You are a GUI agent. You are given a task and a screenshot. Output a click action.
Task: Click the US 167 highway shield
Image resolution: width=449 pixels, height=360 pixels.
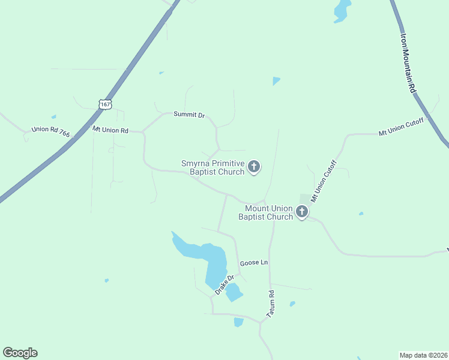pyautogui.click(x=105, y=104)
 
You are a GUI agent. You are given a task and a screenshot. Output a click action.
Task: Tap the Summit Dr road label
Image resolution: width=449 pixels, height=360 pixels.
pyautogui.click(x=189, y=115)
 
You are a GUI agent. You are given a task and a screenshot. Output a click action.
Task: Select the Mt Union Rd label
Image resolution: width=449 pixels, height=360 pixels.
pyautogui.click(x=110, y=130)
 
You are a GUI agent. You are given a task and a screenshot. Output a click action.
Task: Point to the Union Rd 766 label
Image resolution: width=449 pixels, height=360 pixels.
pyautogui.click(x=50, y=131)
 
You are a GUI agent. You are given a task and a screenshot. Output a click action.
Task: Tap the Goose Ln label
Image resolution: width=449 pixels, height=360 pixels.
pyautogui.click(x=253, y=263)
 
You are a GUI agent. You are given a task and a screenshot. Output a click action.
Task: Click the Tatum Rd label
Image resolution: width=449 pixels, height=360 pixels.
pyautogui.click(x=271, y=304)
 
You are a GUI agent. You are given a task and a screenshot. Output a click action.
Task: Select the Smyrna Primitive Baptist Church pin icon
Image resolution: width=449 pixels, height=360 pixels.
pyautogui.click(x=254, y=167)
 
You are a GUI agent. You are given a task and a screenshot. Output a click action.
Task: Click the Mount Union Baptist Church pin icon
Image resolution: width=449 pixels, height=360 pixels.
pyautogui.click(x=302, y=212)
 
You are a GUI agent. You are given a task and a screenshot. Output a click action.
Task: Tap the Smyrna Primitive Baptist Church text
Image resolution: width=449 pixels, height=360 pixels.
pyautogui.click(x=213, y=167)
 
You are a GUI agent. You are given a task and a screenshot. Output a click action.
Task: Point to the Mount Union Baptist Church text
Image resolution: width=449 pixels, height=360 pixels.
pyautogui.click(x=265, y=212)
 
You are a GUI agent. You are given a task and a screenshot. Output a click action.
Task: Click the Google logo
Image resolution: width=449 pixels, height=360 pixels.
pyautogui.click(x=20, y=353)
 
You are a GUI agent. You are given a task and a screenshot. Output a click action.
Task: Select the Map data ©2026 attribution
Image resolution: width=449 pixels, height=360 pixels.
pyautogui.click(x=423, y=355)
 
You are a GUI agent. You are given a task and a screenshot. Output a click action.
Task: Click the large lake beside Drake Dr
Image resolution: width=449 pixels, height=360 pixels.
pyautogui.click(x=207, y=255)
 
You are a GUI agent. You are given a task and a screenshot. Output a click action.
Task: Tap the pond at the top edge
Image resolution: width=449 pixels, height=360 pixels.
pyautogui.click(x=342, y=10)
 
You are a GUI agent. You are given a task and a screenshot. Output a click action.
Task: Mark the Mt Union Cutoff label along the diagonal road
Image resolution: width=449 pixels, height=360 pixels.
pyautogui.click(x=324, y=180)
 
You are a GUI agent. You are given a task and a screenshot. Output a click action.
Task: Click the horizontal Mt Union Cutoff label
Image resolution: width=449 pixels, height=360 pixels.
pyautogui.click(x=401, y=127)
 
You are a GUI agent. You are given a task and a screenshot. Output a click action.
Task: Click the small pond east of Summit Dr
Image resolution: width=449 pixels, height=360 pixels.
pyautogui.click(x=276, y=80)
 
